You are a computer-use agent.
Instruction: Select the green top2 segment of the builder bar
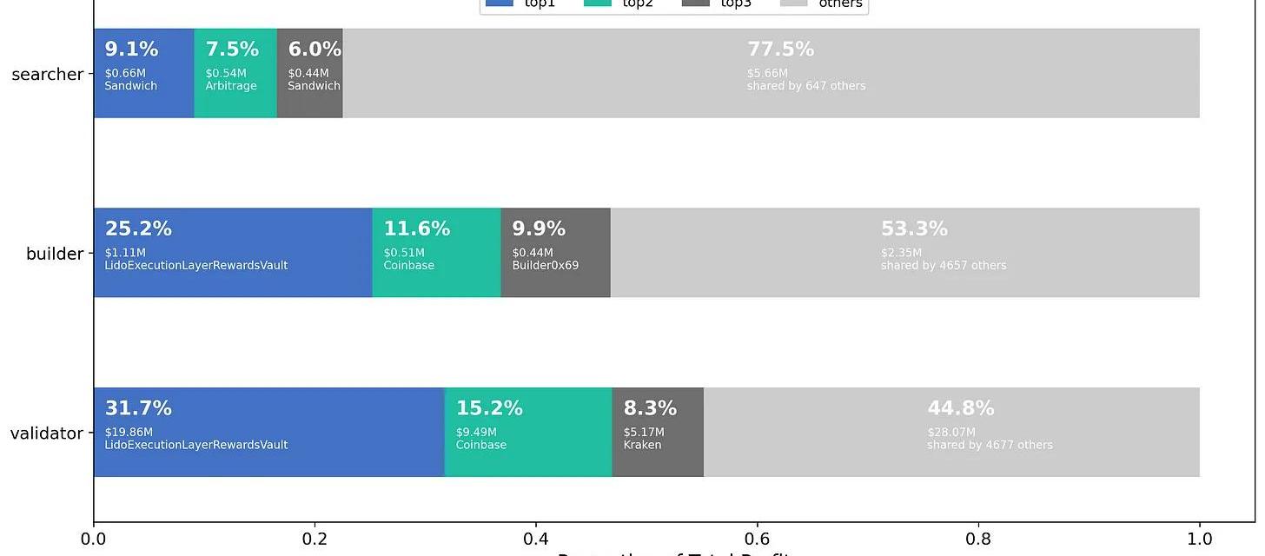436,282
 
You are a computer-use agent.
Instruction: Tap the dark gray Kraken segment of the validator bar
658,460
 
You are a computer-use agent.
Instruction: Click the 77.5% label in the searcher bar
780,50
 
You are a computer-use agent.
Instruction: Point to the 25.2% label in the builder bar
138,229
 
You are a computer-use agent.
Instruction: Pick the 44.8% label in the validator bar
960,408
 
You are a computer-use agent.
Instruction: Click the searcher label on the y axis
47,75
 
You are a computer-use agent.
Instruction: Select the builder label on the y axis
54,254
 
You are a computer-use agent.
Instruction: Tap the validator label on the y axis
46,434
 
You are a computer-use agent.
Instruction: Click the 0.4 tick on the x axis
536,539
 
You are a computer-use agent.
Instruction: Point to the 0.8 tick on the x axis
978,539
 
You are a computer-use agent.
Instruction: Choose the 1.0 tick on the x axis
1200,539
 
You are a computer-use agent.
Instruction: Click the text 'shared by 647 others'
806,86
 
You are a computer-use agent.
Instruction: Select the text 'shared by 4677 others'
990,445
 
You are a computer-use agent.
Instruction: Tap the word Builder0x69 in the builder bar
545,266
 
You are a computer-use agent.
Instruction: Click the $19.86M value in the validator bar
129,432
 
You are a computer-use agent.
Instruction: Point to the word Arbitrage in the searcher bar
231,86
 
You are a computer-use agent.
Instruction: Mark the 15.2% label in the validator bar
489,408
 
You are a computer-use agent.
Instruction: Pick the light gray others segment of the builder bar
904,282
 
